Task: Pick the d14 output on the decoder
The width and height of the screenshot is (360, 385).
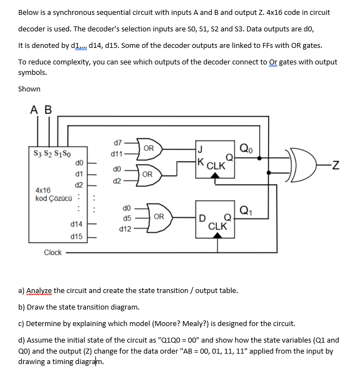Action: pyautogui.click(x=77, y=224)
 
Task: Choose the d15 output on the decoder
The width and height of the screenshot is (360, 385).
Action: pyautogui.click(x=77, y=236)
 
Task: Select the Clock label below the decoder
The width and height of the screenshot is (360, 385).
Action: pyautogui.click(x=53, y=253)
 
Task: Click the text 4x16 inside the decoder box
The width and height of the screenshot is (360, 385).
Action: pyautogui.click(x=44, y=191)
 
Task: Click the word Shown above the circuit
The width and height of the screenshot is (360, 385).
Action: pyautogui.click(x=29, y=89)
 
